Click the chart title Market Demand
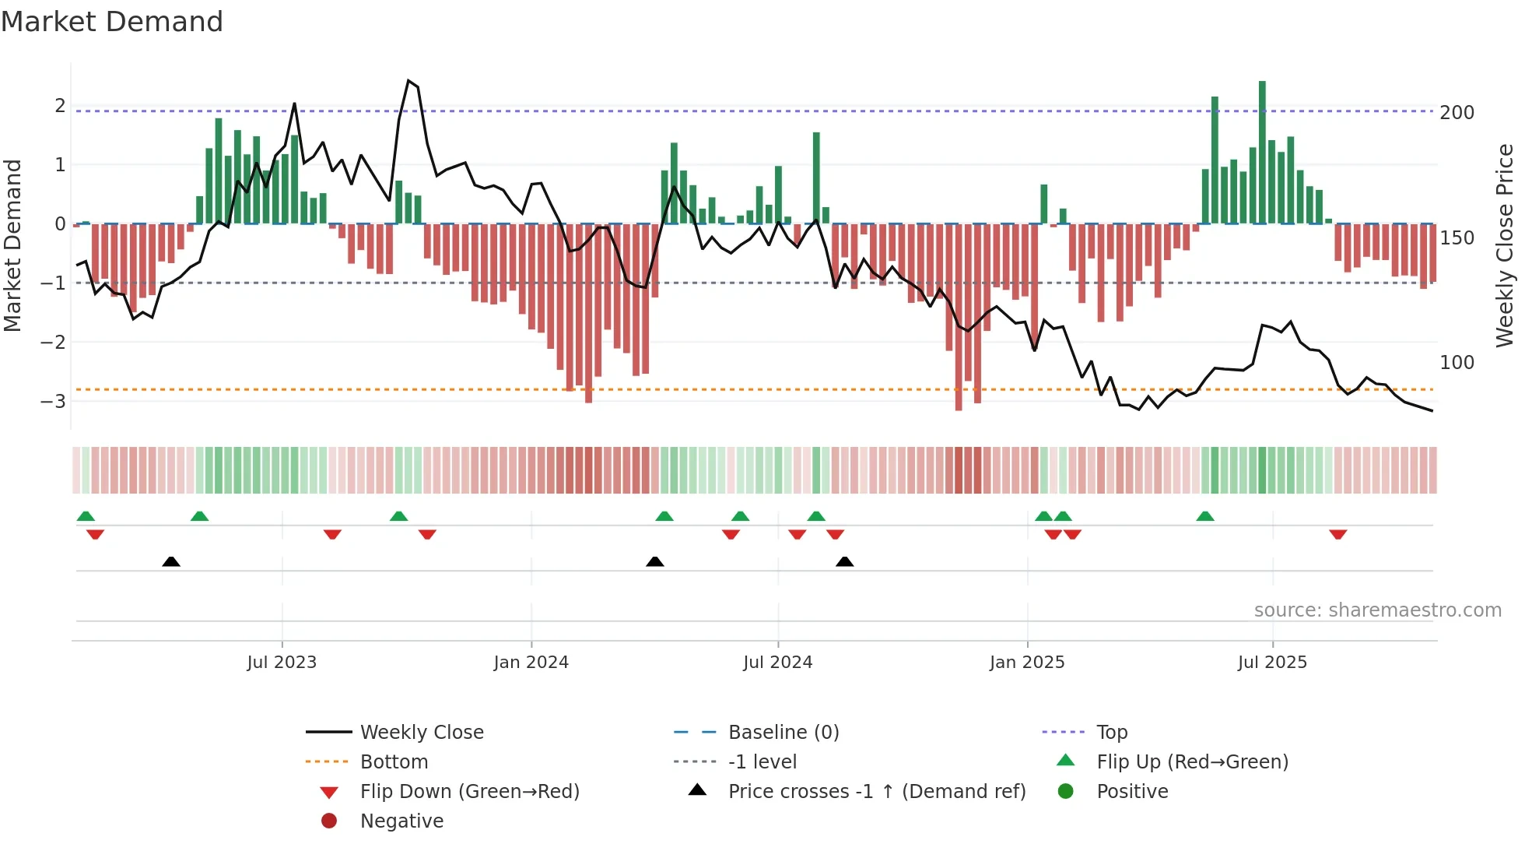pyautogui.click(x=112, y=22)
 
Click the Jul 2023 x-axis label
pyautogui.click(x=282, y=663)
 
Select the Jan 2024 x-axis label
pyautogui.click(x=531, y=663)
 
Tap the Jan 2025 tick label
pyautogui.click(x=1027, y=663)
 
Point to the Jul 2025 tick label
pyautogui.click(x=1273, y=663)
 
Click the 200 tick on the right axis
pyautogui.click(x=1457, y=113)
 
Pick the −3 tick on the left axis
pyautogui.click(x=54, y=402)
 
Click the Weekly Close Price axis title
pyautogui.click(x=1505, y=245)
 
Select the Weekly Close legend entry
pyautogui.click(x=422, y=733)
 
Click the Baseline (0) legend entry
pyautogui.click(x=784, y=733)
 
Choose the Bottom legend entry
pyautogui.click(x=394, y=762)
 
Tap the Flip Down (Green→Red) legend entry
pyautogui.click(x=469, y=792)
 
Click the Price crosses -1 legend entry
pyautogui.click(x=877, y=792)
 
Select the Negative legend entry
pyautogui.click(x=401, y=821)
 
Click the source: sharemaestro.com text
pyautogui.click(x=1377, y=610)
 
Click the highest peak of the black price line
pyautogui.click(x=408, y=81)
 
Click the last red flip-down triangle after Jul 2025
pyautogui.click(x=1338, y=535)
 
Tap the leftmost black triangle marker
pyautogui.click(x=171, y=561)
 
